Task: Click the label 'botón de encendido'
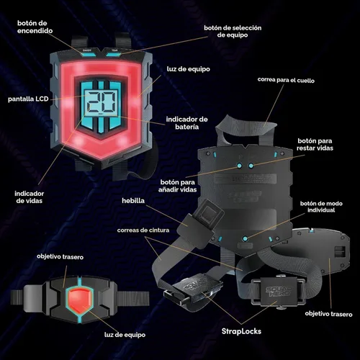tap(35, 27)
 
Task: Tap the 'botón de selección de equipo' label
tap(233, 31)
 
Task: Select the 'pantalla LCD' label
tap(28, 99)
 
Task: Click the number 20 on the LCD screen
tap(102, 102)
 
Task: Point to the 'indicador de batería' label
tap(186, 123)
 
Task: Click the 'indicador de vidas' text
tap(29, 197)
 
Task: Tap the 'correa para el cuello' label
tap(286, 80)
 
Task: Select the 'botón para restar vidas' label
tap(315, 144)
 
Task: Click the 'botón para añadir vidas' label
tap(177, 186)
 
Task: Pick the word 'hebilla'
tap(133, 201)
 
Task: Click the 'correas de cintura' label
tap(143, 230)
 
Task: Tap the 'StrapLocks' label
tap(241, 331)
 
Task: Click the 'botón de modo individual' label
tap(321, 207)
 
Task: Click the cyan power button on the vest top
tap(89, 54)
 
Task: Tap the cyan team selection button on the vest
tap(113, 54)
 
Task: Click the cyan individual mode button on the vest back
tap(245, 239)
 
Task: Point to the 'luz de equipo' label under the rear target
tap(125, 335)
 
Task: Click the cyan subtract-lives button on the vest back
tap(251, 166)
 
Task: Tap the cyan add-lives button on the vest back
tap(239, 166)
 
